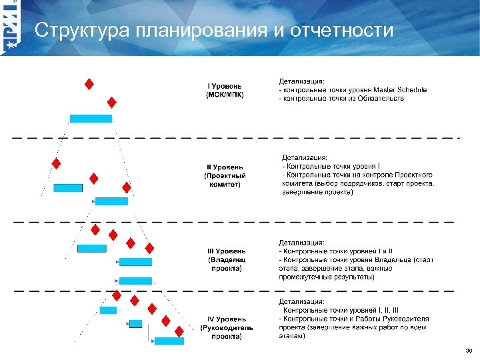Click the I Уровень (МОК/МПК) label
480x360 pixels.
click(225, 90)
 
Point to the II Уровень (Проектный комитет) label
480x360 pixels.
click(223, 175)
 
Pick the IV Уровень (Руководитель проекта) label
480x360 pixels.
click(226, 328)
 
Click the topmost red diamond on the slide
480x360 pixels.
click(89, 84)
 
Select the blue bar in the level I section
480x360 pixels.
click(91, 119)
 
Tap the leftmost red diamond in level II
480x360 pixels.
click(57, 163)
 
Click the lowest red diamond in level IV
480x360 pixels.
click(179, 331)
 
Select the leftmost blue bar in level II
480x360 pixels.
click(68, 188)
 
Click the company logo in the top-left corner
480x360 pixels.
click(11, 27)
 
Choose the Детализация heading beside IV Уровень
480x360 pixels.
click(302, 301)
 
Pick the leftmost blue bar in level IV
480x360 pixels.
click(108, 310)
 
